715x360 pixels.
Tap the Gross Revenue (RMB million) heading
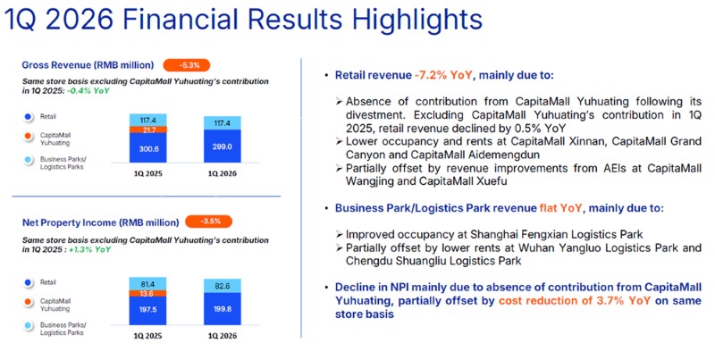[x=88, y=64]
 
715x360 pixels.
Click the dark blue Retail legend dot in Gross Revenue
[x=29, y=116]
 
